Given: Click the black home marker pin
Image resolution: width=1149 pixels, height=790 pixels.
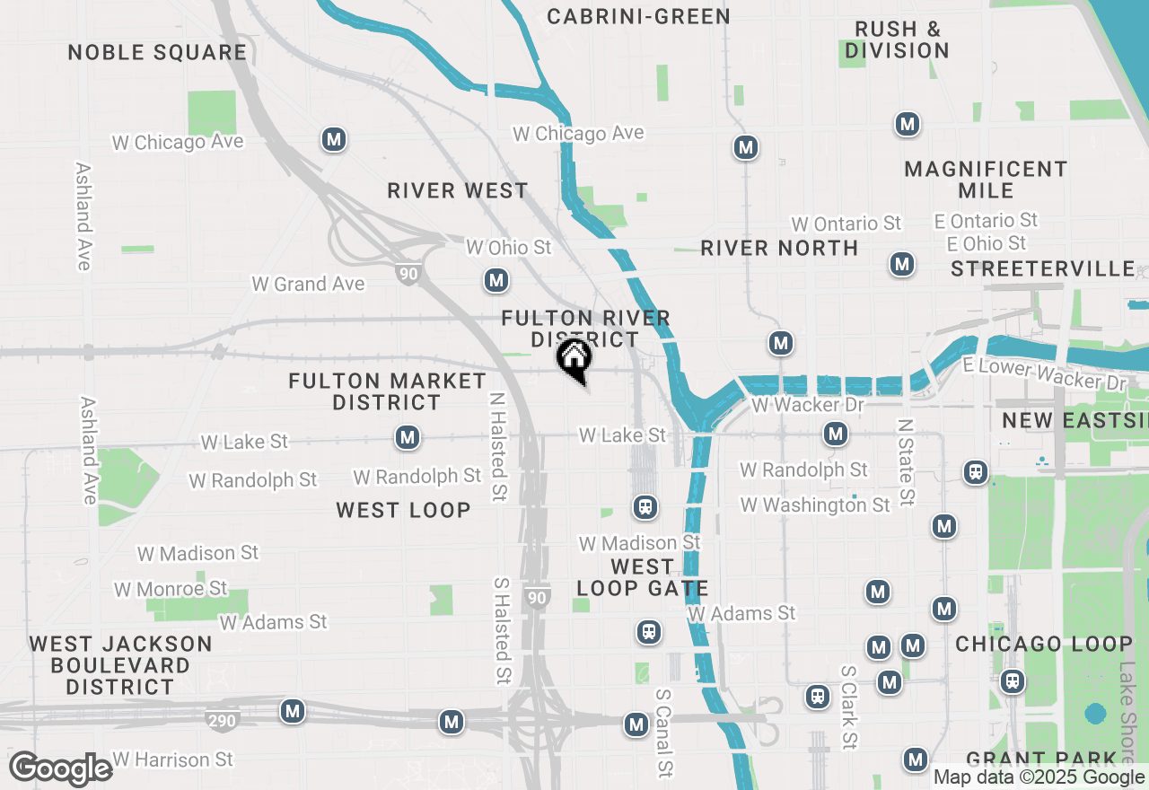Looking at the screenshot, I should point(574,359).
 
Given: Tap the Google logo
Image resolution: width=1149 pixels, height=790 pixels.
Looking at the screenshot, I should point(61,769).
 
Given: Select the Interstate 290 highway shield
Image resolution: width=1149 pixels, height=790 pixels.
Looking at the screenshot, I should point(223,721).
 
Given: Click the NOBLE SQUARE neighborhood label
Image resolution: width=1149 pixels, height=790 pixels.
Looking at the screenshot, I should point(157,52).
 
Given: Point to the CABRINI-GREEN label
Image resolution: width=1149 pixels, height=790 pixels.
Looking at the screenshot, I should point(638,16).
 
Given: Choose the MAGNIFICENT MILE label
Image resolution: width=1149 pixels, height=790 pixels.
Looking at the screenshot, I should point(986,180).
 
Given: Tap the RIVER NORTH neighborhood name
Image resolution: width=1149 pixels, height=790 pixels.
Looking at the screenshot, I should point(779,248).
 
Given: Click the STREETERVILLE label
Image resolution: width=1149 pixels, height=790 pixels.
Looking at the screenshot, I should point(1043,268).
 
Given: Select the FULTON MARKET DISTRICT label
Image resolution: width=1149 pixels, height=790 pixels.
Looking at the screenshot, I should point(387,391).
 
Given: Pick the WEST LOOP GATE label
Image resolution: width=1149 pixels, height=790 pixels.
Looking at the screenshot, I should point(643,578).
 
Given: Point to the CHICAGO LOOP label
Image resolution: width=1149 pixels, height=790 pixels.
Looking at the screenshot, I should point(1044,644).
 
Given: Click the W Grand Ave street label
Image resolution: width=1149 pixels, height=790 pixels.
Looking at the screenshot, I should point(308,284).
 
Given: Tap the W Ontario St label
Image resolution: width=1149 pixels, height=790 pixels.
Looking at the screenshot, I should point(846,224).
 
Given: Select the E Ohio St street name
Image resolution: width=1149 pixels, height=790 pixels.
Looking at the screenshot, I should point(986,243).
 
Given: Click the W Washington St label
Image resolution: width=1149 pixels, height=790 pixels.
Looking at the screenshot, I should point(815,505).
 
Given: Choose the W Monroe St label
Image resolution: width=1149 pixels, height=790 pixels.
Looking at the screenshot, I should point(171,589).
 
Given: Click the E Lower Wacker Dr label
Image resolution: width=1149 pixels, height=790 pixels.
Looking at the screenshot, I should point(1043,373).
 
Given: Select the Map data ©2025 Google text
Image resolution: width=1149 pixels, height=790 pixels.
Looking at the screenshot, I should point(1039,777).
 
